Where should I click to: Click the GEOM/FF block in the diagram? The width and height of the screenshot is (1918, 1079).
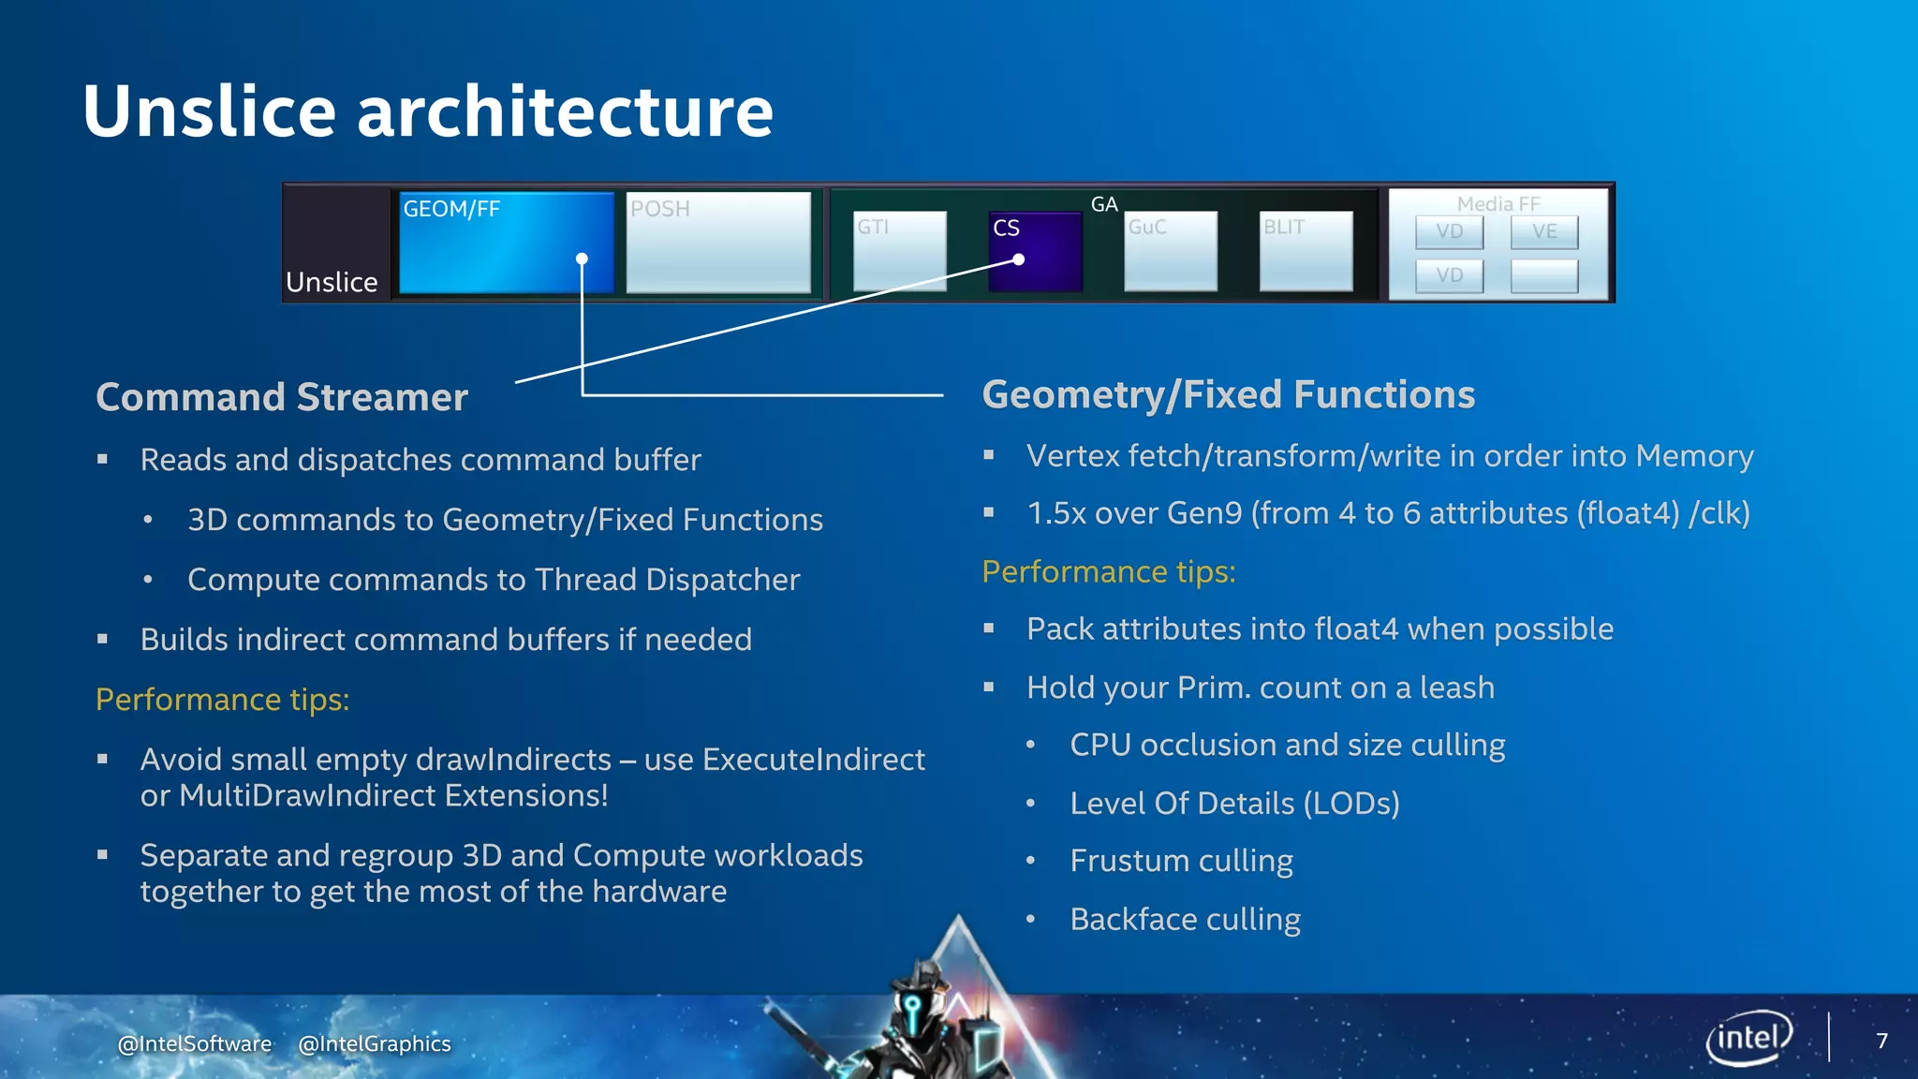click(x=506, y=244)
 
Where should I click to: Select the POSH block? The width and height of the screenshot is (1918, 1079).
click(x=718, y=244)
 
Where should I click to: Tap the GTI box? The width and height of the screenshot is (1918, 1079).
click(x=900, y=251)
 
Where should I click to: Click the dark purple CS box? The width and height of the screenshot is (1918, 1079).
click(x=1035, y=251)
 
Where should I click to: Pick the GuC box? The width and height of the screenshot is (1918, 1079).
click(x=1171, y=251)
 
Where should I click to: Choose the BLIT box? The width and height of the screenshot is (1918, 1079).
click(x=1306, y=251)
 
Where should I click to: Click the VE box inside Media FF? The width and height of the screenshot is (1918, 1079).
click(x=1543, y=231)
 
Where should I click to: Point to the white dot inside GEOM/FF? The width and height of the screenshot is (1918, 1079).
click(x=582, y=259)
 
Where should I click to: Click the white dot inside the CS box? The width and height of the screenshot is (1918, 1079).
click(x=1019, y=259)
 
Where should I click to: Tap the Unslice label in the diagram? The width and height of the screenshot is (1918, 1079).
click(x=332, y=282)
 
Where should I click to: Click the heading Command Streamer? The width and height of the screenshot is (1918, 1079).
click(x=282, y=397)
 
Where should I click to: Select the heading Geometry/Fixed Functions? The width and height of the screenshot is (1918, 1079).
click(x=1228, y=394)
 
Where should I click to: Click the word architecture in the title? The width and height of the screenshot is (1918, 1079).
click(x=565, y=111)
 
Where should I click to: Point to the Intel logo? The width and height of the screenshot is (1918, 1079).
click(x=1748, y=1038)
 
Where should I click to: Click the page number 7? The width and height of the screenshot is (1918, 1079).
click(x=1881, y=1041)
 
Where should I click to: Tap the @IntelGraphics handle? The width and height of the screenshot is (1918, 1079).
click(x=374, y=1043)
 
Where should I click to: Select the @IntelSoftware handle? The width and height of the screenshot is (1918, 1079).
click(x=195, y=1043)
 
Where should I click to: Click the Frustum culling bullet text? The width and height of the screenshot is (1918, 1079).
click(x=1181, y=861)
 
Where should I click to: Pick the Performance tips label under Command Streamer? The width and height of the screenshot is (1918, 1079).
click(x=222, y=700)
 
